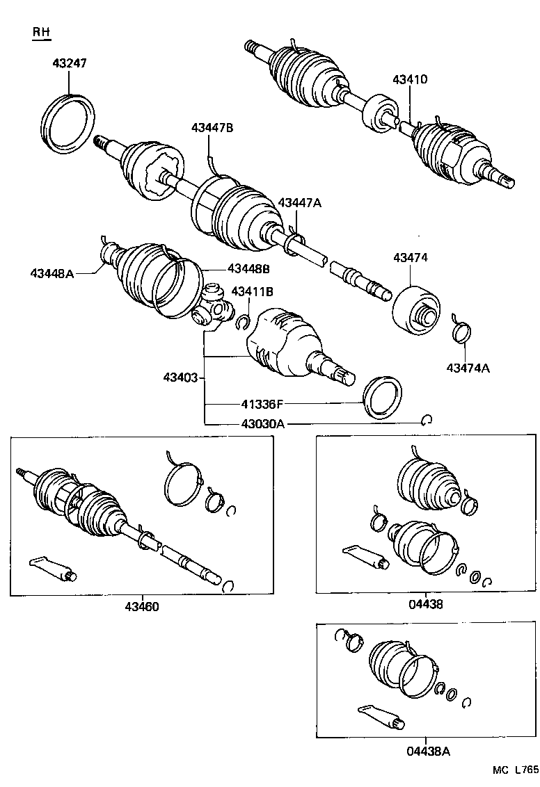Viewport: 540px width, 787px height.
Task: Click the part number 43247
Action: pos(70,63)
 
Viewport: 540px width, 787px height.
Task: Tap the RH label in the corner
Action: pos(42,33)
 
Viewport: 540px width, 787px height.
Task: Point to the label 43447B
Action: pos(212,127)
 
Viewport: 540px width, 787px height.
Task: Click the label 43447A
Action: pos(300,202)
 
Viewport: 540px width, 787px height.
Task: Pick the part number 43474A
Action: pos(468,368)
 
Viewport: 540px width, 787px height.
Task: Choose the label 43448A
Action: pos(51,273)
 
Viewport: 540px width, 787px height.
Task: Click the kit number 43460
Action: pos(142,606)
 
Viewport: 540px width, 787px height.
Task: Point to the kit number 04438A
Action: pos(427,750)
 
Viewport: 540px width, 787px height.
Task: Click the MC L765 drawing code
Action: pos(515,770)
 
